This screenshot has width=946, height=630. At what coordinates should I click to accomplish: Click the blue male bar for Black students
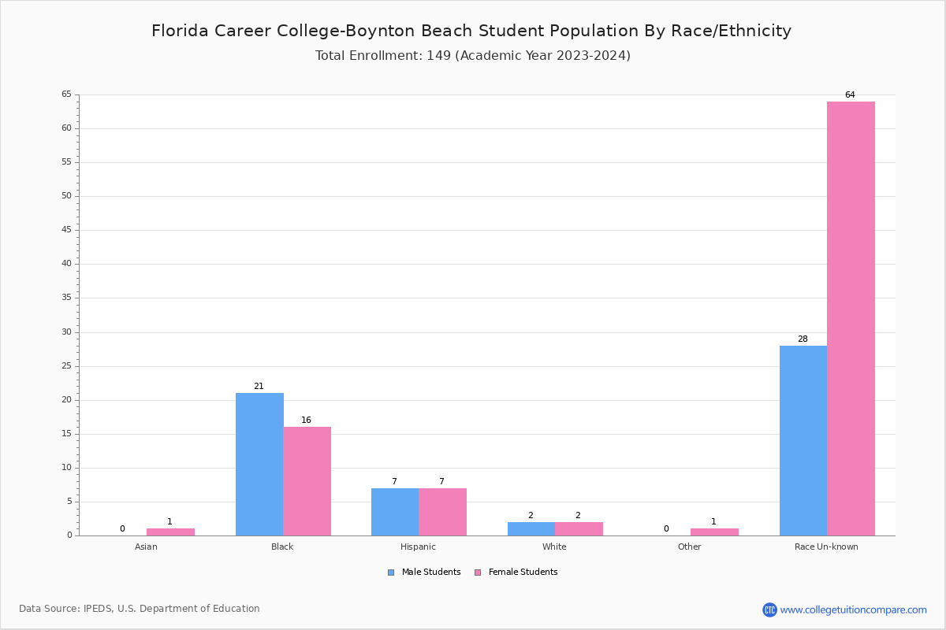point(259,464)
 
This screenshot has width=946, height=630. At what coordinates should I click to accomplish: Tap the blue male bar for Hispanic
point(395,512)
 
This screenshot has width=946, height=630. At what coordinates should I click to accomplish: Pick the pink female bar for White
point(579,528)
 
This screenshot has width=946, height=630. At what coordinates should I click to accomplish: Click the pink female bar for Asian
point(170,532)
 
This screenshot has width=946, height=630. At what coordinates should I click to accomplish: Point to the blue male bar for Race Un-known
point(803,440)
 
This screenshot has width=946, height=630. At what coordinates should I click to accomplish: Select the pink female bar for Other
point(714,532)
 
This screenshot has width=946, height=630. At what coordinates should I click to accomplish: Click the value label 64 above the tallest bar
point(850,95)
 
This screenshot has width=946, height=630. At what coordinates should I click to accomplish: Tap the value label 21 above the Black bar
point(259,387)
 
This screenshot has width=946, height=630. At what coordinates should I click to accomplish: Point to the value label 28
point(803,339)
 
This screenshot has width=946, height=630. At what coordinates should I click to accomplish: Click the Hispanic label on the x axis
point(418,547)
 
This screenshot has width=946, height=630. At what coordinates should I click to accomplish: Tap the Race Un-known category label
point(826,547)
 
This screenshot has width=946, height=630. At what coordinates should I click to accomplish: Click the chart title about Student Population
point(471,31)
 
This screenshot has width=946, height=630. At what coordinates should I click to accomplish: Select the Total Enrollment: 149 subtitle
point(472,56)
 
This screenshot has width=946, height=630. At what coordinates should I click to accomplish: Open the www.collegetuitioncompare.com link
point(853,610)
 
